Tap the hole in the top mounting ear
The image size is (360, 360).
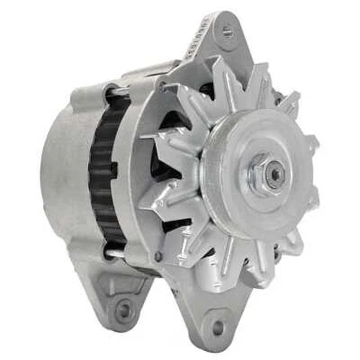pyautogui.click(x=228, y=33)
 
